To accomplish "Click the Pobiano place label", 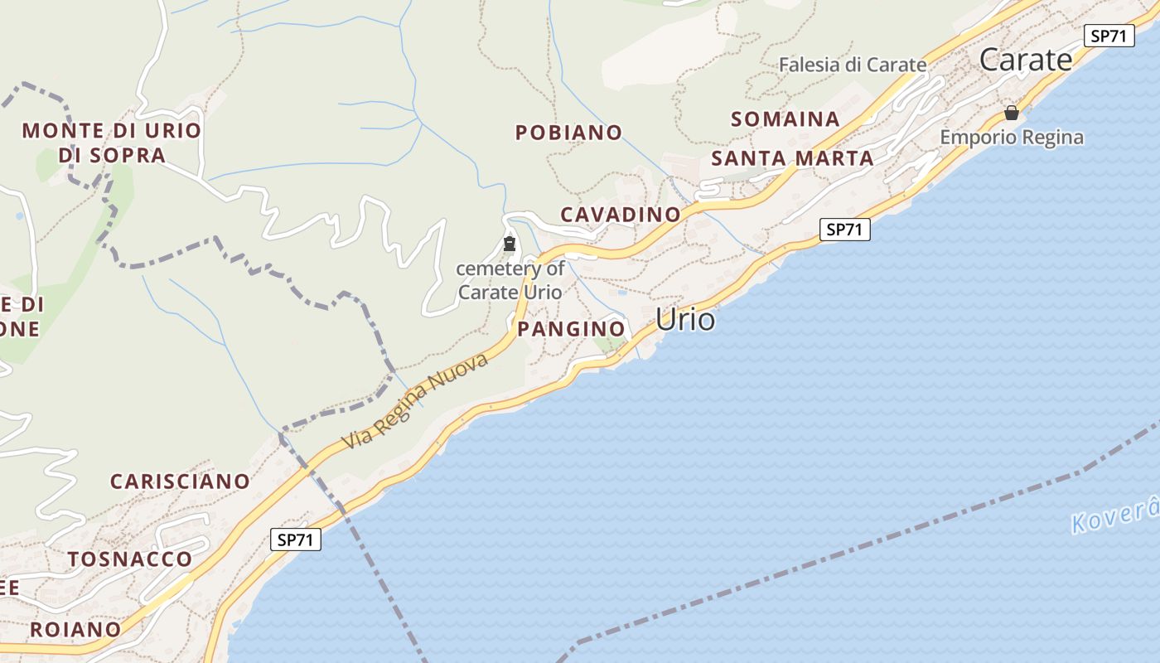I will tap(568, 133).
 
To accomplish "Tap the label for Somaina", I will tap(785, 119).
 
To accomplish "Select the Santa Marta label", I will tap(792, 158).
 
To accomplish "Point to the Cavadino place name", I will tap(621, 215).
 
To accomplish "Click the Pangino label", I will tap(571, 329).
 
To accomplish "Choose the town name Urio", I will tap(685, 319).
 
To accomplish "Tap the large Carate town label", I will tap(1026, 60).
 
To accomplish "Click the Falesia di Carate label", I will tap(853, 65).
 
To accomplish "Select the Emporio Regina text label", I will tap(1012, 138).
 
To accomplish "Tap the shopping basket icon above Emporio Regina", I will tap(1012, 113).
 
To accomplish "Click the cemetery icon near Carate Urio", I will tap(510, 244).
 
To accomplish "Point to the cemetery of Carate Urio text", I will tap(510, 280).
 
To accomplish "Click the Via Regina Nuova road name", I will tap(416, 400).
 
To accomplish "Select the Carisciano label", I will tap(180, 482).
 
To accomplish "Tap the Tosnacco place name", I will tap(130, 559).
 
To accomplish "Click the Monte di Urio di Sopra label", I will tap(112, 143).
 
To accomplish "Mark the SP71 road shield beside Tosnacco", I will tap(296, 540).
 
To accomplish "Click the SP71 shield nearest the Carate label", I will tap(1109, 36).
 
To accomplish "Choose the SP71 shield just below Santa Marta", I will tap(845, 230).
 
